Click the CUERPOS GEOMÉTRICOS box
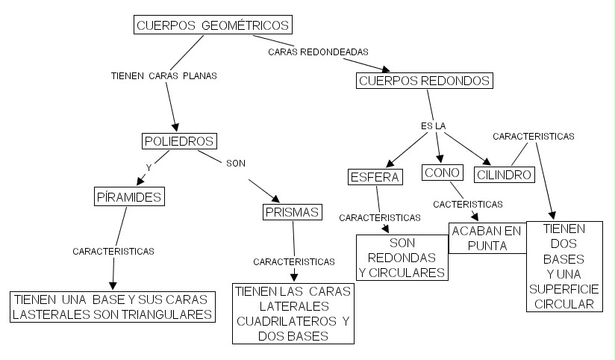(x=213, y=25)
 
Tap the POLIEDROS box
(x=178, y=140)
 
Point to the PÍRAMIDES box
(x=130, y=196)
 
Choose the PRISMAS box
(x=291, y=212)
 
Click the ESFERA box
(x=375, y=177)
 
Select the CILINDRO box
(x=505, y=176)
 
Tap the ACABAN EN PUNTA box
(x=486, y=238)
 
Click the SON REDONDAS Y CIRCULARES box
(x=402, y=258)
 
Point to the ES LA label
(x=433, y=126)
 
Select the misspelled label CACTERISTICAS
(x=468, y=203)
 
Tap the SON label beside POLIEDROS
(x=235, y=163)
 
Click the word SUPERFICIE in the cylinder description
(x=564, y=290)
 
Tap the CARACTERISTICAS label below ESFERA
(x=379, y=218)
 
